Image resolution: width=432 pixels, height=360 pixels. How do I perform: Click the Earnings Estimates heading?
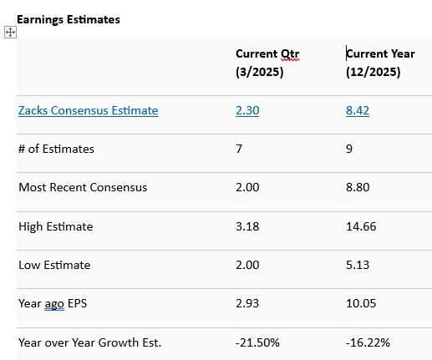click(x=69, y=19)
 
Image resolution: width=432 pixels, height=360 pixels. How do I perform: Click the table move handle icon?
click(x=10, y=32)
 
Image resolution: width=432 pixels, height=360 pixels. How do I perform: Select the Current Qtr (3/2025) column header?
click(x=267, y=63)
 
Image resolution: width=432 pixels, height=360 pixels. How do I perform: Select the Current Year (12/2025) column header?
click(x=379, y=63)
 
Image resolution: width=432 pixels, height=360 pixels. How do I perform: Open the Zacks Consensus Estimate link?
click(x=88, y=110)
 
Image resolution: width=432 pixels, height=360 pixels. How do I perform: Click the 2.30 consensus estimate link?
click(x=247, y=110)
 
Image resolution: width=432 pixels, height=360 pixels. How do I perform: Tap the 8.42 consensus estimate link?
click(x=358, y=110)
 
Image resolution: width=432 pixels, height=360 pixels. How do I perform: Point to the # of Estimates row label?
click(x=56, y=149)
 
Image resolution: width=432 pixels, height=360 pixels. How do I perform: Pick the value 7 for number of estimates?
click(x=240, y=149)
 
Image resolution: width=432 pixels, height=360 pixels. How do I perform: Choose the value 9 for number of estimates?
click(x=349, y=149)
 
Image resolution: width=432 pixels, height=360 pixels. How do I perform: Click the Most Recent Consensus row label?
click(x=83, y=187)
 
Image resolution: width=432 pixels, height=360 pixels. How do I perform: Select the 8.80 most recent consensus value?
click(x=358, y=187)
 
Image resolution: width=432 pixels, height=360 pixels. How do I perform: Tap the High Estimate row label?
click(x=55, y=226)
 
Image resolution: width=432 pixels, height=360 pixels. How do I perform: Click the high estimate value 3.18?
click(x=247, y=226)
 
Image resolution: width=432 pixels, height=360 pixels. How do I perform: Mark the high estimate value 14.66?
click(x=361, y=226)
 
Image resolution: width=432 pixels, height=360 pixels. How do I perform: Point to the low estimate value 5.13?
click(x=358, y=265)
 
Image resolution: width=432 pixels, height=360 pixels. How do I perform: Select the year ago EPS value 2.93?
click(x=247, y=303)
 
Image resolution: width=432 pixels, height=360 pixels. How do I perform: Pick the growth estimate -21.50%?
click(x=258, y=342)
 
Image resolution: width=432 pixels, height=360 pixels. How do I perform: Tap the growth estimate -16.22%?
click(x=368, y=342)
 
